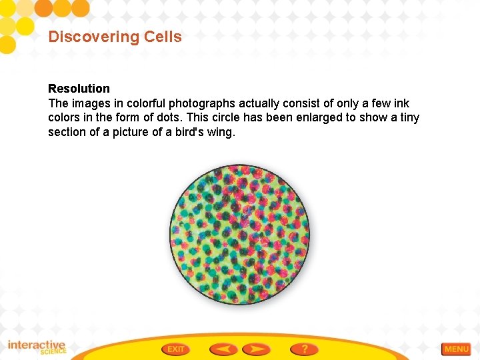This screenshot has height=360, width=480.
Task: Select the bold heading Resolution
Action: click(x=79, y=89)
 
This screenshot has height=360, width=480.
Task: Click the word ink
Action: click(x=402, y=103)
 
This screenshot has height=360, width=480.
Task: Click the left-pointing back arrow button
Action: click(x=223, y=349)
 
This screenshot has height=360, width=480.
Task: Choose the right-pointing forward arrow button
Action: click(x=257, y=349)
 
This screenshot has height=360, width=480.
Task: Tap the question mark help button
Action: click(x=304, y=349)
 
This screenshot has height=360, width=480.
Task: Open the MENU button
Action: click(x=456, y=349)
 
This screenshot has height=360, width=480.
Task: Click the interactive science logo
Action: click(x=37, y=347)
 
